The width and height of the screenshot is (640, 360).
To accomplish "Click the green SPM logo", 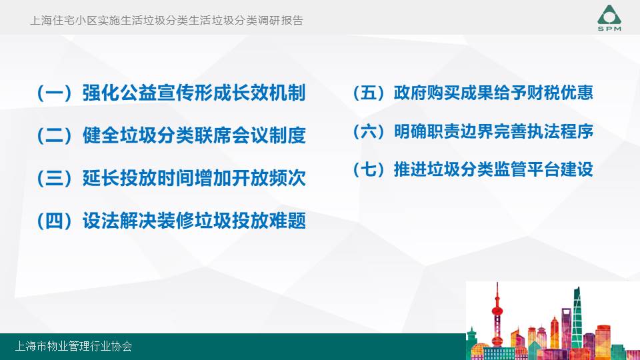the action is [609, 18].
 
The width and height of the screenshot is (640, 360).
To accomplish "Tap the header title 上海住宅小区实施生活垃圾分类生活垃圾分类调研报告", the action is [167, 21].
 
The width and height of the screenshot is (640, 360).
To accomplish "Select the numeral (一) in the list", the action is [54, 93].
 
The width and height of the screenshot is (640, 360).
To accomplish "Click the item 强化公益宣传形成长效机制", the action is [194, 93].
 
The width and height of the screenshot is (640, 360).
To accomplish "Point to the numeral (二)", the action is [54, 135].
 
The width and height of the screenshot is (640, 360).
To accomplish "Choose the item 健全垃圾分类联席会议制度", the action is [194, 135].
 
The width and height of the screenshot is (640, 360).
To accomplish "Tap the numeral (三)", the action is [54, 179].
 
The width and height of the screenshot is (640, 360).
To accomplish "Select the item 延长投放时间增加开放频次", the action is [194, 178].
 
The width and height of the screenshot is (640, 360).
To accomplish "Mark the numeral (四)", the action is [54, 221].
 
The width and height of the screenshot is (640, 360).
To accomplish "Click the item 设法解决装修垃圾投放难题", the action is [194, 221].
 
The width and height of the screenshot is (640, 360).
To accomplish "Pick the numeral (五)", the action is [369, 93].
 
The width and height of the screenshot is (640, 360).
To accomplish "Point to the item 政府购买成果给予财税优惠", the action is [493, 93].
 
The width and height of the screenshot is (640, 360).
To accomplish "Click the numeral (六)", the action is [369, 131].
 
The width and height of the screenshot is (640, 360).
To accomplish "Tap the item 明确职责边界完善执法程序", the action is [493, 131].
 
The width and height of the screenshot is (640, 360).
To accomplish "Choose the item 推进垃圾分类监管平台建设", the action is [493, 169].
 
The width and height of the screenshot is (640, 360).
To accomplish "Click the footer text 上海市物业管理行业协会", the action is [73, 347].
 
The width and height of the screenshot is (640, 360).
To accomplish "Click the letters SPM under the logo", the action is [609, 29].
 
